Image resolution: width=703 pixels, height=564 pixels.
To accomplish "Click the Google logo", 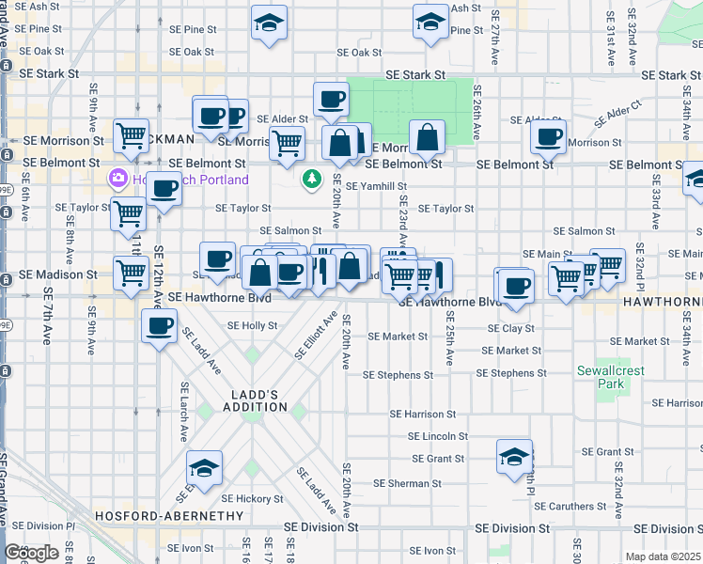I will (x=31, y=553).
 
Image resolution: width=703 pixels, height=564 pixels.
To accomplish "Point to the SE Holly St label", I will (x=253, y=326).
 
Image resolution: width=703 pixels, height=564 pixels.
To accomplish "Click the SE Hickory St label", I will (x=252, y=498).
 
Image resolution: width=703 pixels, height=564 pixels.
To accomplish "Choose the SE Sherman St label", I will (x=407, y=483).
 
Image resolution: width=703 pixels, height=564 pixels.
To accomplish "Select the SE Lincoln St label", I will (x=438, y=436).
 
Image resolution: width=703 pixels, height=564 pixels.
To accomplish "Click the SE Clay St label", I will (x=511, y=329).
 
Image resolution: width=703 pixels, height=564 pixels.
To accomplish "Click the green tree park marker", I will (x=312, y=178).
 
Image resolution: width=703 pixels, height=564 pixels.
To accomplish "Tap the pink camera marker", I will (x=118, y=178).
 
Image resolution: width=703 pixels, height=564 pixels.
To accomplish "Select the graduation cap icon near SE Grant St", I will (x=514, y=457).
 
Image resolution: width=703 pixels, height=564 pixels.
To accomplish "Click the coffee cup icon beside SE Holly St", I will (x=159, y=325).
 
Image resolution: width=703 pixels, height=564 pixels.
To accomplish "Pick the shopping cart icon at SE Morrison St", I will (x=131, y=135).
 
